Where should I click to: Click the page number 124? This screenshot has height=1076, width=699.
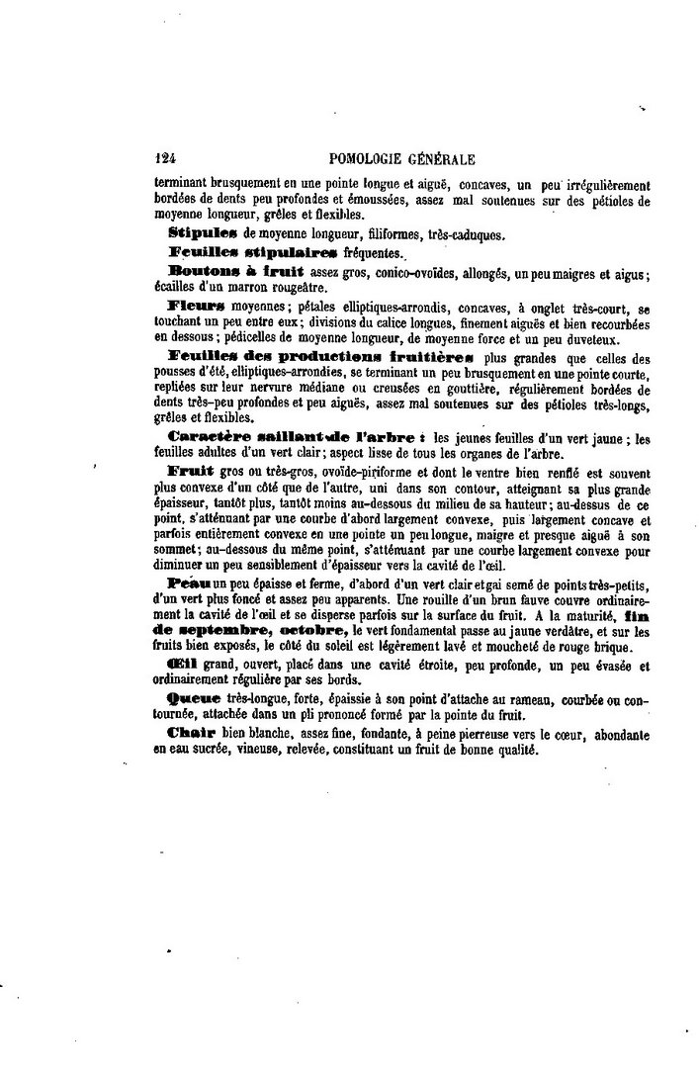pos(165,158)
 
